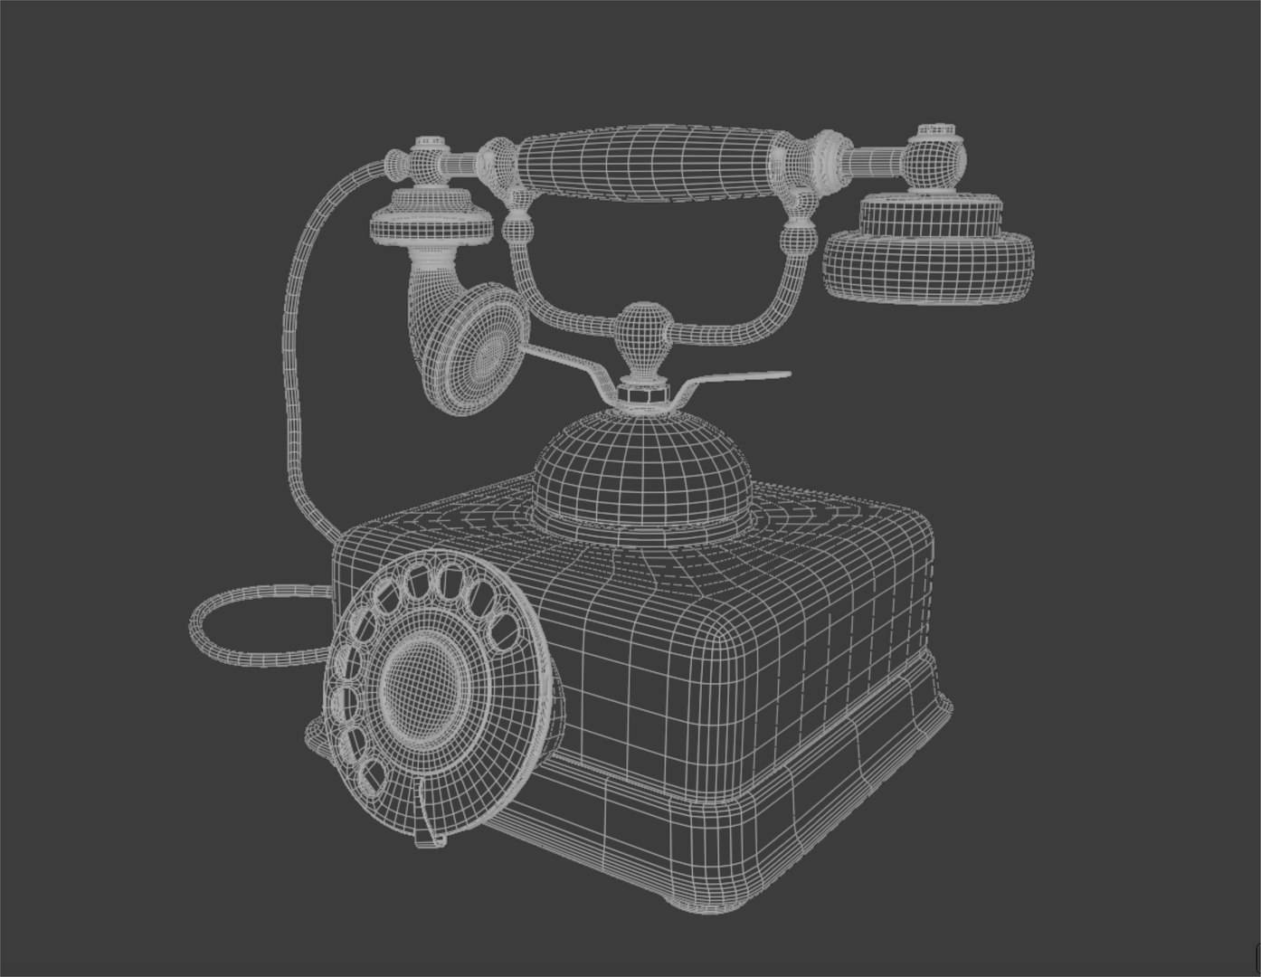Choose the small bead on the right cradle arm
pyautogui.click(x=797, y=236)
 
